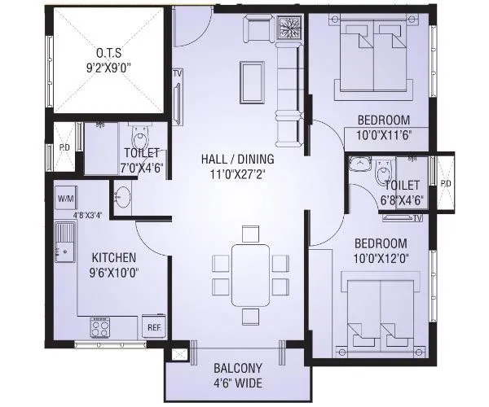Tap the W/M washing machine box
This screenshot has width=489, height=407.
pos(66,199)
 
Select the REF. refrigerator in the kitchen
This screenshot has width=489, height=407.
pos(154,327)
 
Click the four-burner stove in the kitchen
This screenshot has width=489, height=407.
pos(101,328)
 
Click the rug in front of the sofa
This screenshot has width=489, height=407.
pos(252,80)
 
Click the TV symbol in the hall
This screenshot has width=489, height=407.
pos(178,74)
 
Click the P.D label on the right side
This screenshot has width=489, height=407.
pos(445,183)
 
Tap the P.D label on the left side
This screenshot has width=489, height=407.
pos(63,147)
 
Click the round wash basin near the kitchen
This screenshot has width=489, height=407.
pos(123,196)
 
